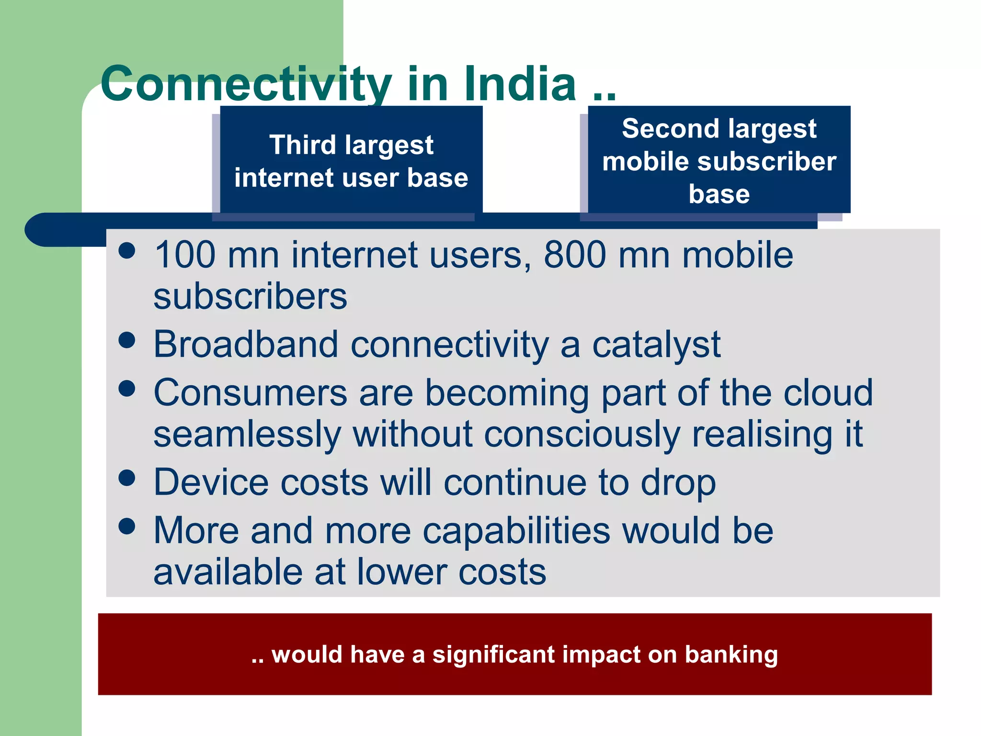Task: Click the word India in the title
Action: click(520, 84)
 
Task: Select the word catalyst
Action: click(656, 345)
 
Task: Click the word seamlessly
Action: click(247, 434)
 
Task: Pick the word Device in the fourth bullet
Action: click(211, 482)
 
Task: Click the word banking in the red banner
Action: click(731, 655)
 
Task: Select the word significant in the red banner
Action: click(493, 655)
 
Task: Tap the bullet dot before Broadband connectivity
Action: click(127, 340)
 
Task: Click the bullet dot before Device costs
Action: click(127, 478)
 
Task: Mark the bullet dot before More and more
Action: click(127, 526)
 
